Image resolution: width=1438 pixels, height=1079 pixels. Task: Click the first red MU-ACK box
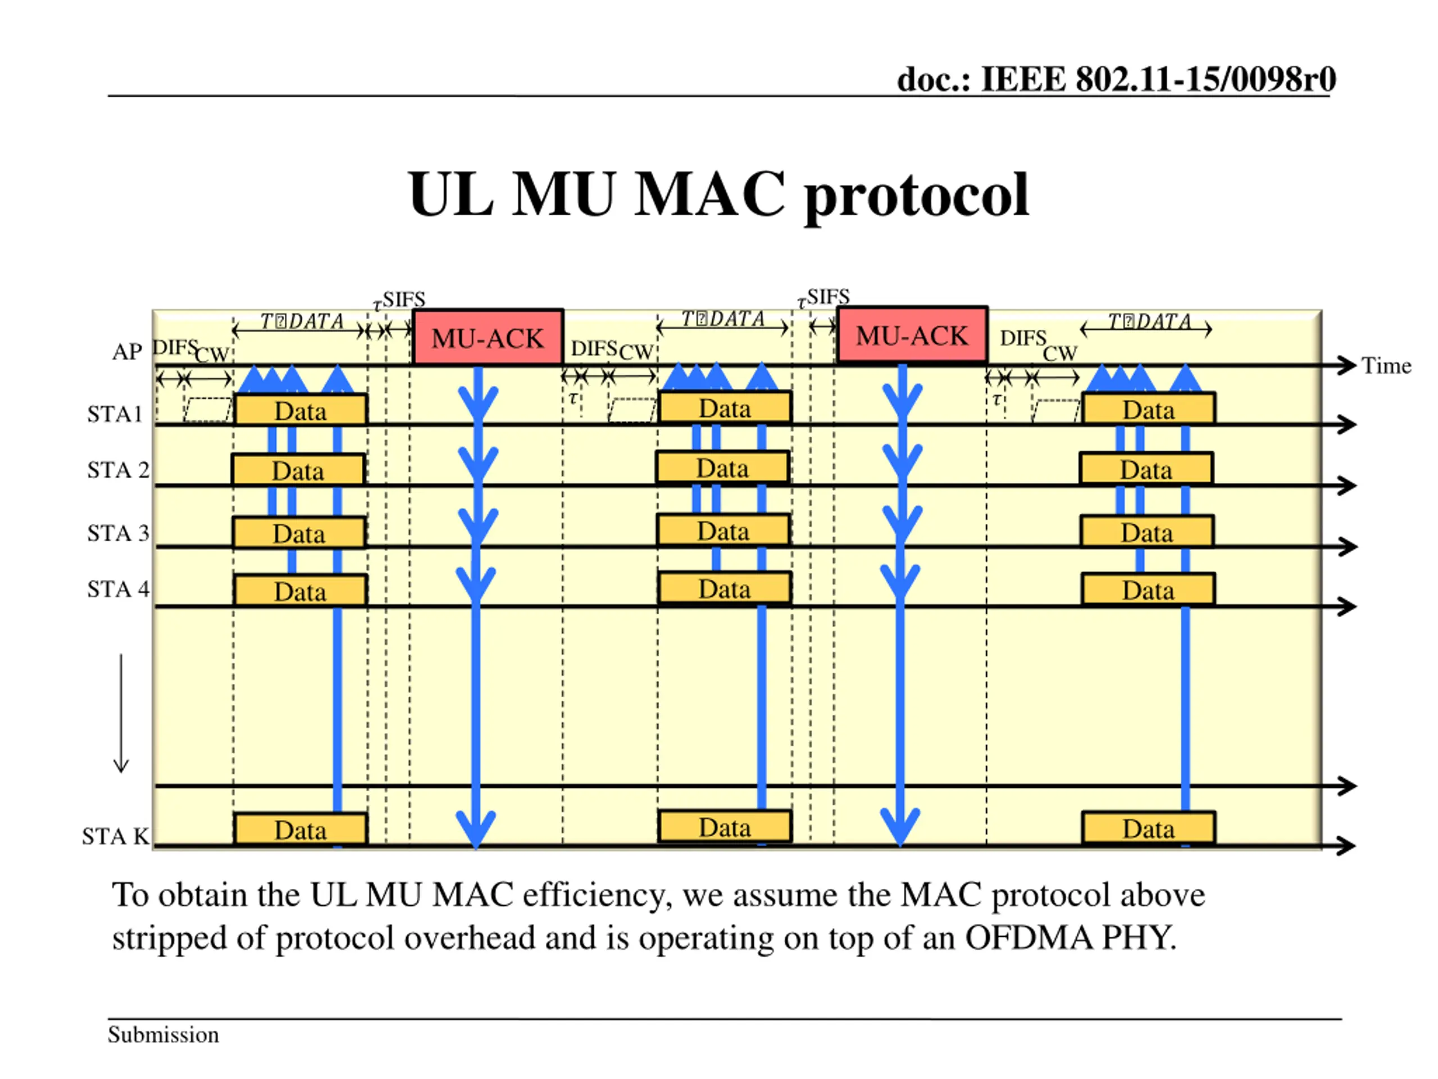tap(488, 337)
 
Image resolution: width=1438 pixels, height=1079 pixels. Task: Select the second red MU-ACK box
tap(912, 334)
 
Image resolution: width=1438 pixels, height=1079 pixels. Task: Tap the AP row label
tap(127, 352)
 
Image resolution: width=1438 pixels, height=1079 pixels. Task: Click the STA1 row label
tap(115, 414)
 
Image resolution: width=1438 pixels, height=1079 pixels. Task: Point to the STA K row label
tap(115, 836)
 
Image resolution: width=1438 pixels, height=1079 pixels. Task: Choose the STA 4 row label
tap(117, 590)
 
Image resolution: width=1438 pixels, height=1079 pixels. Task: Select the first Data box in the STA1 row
tap(301, 410)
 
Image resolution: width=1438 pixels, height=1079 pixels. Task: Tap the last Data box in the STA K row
tap(1148, 828)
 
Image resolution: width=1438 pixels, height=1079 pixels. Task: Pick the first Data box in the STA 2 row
tap(298, 470)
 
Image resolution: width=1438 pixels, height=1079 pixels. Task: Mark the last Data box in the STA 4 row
tap(1148, 590)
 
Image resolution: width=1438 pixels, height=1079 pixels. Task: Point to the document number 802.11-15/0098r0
tap(1205, 79)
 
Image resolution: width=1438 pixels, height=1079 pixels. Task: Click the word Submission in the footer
tap(163, 1035)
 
